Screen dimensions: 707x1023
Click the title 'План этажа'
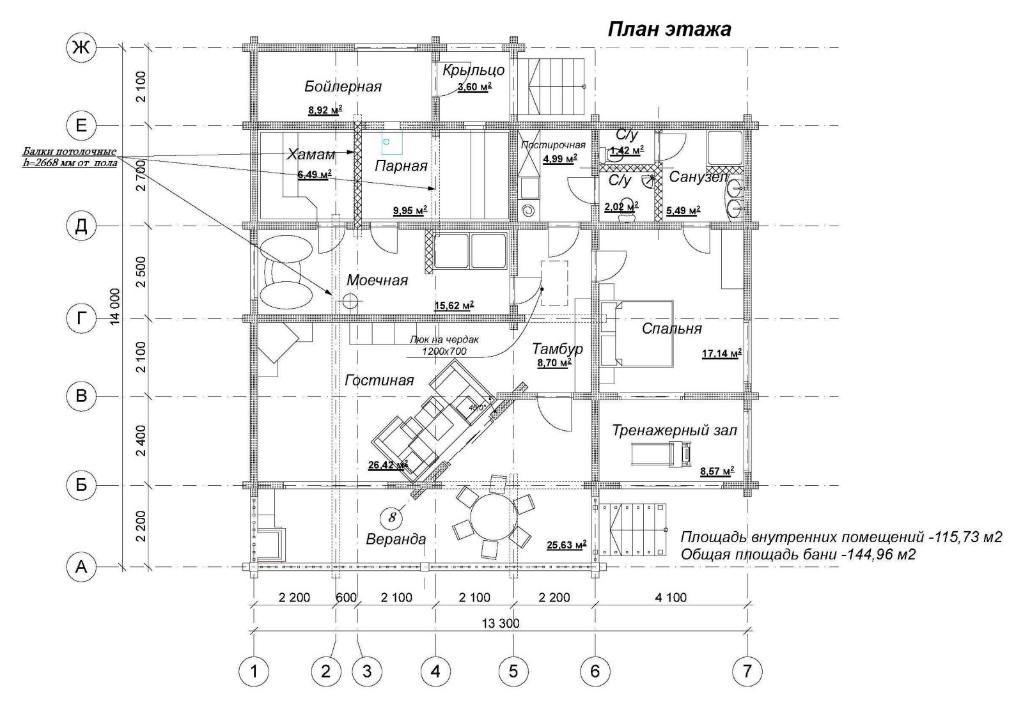[x=668, y=29]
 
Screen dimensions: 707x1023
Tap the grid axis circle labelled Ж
[x=81, y=47]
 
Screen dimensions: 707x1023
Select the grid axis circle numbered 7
[x=747, y=671]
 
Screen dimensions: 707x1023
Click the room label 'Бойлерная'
[x=343, y=86]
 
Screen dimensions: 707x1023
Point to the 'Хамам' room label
[x=311, y=154]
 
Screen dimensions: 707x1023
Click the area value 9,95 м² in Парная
[x=410, y=210]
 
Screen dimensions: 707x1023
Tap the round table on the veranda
[x=493, y=519]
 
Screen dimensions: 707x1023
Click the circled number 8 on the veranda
[x=393, y=516]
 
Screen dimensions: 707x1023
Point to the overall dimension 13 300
[x=501, y=623]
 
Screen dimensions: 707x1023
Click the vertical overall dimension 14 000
[x=115, y=306]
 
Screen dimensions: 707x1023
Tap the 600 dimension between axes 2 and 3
[x=345, y=598]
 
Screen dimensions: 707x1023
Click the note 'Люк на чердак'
[x=444, y=340]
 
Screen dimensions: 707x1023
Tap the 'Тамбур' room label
[x=557, y=348]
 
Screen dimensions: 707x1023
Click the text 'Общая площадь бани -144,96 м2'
[x=797, y=554]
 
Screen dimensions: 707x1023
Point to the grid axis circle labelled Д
[x=81, y=226]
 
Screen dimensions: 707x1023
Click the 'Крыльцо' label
[x=473, y=70]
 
